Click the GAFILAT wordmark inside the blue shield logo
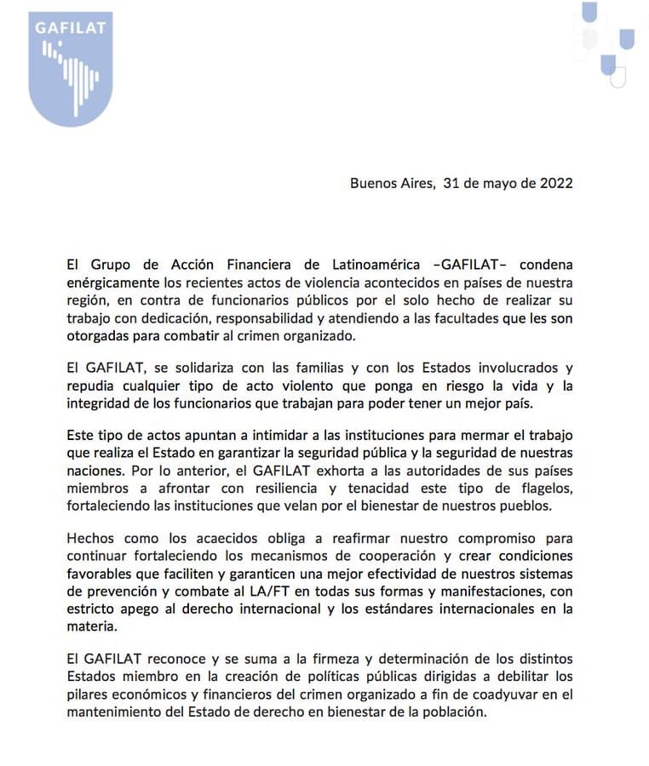tap(71, 26)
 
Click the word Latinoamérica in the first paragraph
tap(382, 264)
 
